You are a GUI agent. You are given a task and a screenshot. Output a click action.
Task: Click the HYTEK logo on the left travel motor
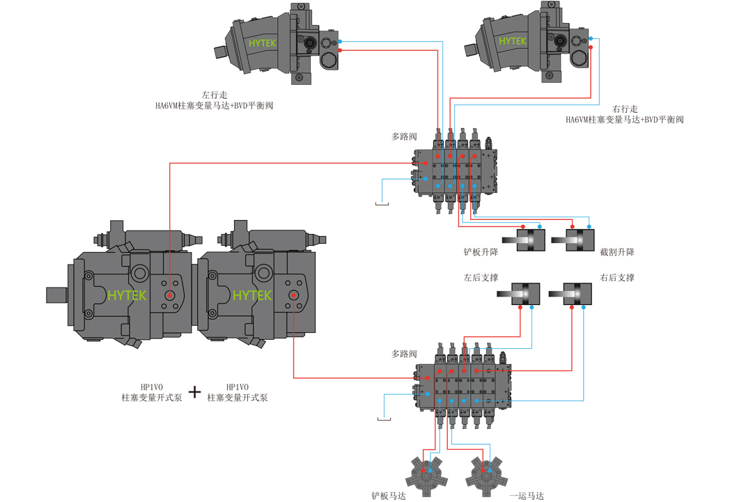pos(262,43)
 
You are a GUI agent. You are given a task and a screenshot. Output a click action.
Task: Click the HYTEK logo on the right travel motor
pos(513,41)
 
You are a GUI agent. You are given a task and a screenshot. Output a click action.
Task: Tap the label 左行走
pos(215,95)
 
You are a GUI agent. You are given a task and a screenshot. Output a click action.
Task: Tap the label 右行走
pos(625,109)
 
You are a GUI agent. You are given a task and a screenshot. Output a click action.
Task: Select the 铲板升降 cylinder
pos(524,240)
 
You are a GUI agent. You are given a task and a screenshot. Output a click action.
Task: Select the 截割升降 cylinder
pos(573,240)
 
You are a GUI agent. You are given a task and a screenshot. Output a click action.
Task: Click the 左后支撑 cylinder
pos(518,294)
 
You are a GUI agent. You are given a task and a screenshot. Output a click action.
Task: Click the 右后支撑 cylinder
pos(570,294)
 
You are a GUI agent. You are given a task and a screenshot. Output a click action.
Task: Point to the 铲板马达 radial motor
pos(426,476)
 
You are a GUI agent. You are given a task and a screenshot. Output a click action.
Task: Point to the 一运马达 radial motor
pos(486,476)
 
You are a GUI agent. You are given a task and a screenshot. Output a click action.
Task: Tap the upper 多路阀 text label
pos(404,136)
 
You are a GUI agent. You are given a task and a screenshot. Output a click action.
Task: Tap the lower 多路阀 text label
pos(404,354)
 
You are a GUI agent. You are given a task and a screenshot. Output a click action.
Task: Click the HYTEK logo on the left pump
pos(127,295)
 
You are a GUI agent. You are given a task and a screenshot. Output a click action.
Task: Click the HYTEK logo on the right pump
pos(252,295)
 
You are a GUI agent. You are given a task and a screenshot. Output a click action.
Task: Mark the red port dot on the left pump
pos(170,295)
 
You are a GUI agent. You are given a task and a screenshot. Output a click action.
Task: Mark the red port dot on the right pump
pos(293,295)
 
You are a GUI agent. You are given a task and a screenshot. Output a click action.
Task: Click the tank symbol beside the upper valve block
pos(382,203)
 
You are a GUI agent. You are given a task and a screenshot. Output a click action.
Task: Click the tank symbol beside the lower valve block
pos(384,419)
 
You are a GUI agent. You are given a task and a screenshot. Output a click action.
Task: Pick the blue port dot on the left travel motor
pos(340,42)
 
